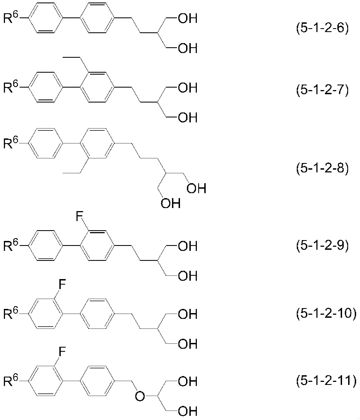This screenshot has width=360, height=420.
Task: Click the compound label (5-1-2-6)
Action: [x=322, y=28]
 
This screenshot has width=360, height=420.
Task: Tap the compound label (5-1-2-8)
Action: [x=322, y=168]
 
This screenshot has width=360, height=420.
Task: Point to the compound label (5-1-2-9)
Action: [x=322, y=245]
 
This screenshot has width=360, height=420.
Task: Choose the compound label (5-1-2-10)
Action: [x=326, y=314]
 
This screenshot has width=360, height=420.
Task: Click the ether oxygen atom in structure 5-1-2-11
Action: [x=140, y=396]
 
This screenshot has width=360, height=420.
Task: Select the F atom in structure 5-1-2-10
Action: [x=62, y=284]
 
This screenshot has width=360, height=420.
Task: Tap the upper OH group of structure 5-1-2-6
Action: [x=188, y=18]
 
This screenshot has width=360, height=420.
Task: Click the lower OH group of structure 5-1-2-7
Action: [x=188, y=117]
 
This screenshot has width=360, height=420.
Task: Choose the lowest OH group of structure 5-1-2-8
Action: [x=171, y=203]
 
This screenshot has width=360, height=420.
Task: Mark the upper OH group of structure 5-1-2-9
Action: [x=188, y=246]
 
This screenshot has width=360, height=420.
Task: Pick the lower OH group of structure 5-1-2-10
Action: [x=188, y=344]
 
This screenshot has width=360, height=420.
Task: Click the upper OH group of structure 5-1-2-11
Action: [x=188, y=381]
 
